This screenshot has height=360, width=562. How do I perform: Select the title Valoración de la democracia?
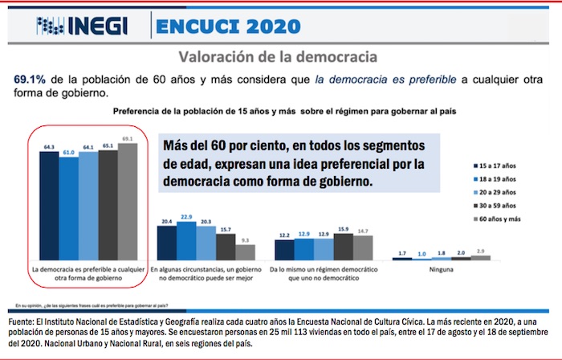tap(278, 58)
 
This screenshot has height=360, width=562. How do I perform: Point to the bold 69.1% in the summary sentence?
tap(30, 80)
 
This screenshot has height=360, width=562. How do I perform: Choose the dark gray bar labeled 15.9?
tap(344, 244)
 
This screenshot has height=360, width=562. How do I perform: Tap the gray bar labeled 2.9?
tap(481, 257)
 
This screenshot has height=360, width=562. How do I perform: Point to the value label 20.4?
tap(167, 221)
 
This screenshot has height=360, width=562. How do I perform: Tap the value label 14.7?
tap(363, 231)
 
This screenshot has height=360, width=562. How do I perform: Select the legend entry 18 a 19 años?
tap(496, 180)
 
